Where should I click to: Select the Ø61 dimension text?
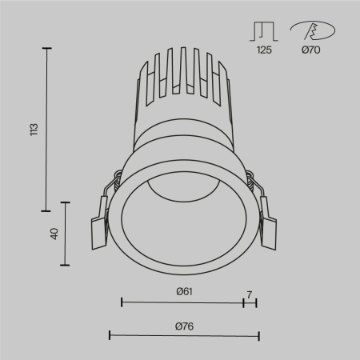click(x=184, y=292)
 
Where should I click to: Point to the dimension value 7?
click(x=250, y=294)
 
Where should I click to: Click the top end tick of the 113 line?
click(x=47, y=49)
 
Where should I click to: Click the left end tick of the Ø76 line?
click(x=110, y=334)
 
